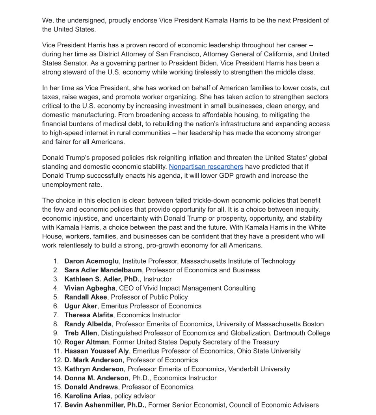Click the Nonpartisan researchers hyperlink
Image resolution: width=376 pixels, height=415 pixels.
[206, 167]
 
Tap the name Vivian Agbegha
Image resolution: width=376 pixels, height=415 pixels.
[90, 288]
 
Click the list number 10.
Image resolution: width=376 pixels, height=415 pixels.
[57, 342]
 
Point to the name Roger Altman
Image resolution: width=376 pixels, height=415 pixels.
[86, 342]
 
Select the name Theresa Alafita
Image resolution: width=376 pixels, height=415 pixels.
[89, 315]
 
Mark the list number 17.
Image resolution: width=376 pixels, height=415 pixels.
[57, 405]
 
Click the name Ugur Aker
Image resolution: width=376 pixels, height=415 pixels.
[81, 306]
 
